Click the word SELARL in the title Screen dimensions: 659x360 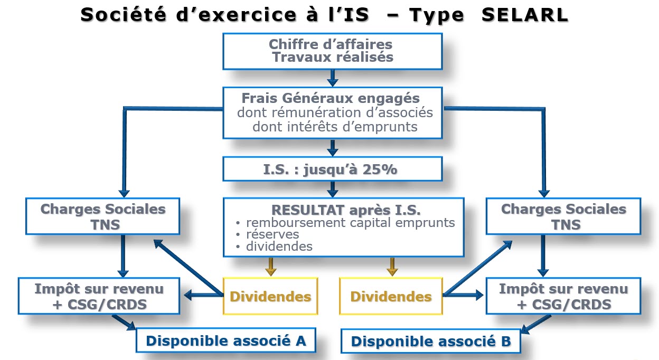tap(525, 15)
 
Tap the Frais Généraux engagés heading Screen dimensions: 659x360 tap(331, 98)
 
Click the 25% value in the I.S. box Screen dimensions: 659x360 tap(380, 169)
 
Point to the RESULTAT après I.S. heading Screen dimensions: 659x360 tap(346, 210)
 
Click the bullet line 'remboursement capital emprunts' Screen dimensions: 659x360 tap(351, 223)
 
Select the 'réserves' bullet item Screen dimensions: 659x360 tap(272, 234)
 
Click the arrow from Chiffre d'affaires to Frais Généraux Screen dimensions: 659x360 tap(333, 78)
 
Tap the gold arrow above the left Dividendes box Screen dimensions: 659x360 tap(271, 267)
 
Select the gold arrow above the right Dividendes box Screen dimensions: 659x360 tap(392, 267)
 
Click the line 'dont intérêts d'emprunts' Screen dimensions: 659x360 tap(335, 127)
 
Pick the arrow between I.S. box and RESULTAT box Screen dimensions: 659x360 tap(333, 190)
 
